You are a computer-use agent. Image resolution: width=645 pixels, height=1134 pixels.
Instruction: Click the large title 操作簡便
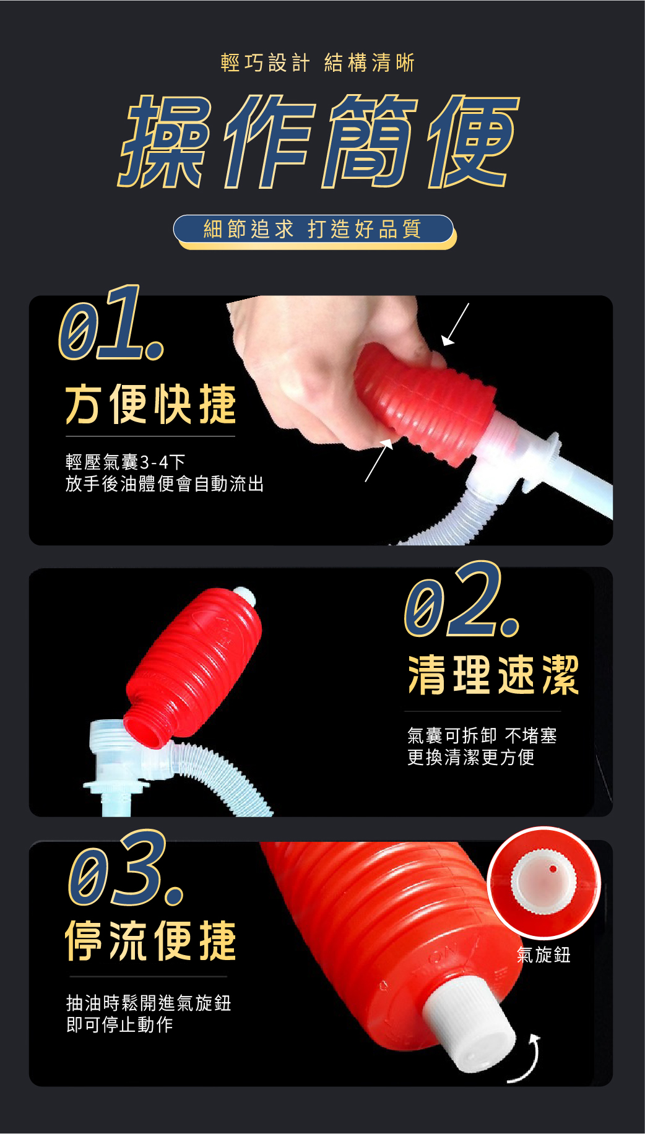(319, 142)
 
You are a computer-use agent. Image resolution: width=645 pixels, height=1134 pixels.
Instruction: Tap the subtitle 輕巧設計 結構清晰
(318, 63)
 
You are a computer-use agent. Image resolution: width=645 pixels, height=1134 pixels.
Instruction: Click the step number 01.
(112, 324)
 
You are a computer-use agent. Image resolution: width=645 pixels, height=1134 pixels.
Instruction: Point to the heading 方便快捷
(150, 404)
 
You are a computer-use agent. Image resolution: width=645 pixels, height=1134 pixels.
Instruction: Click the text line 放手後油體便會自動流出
(165, 483)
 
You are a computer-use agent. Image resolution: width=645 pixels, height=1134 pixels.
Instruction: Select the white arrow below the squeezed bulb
(379, 460)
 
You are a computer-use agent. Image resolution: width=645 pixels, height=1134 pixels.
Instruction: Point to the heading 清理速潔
(493, 675)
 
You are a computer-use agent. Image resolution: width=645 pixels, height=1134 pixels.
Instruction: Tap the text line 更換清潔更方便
(470, 757)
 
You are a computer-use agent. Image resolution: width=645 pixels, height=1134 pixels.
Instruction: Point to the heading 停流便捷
(150, 940)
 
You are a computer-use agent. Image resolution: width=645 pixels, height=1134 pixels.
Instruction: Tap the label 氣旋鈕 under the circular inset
(543, 955)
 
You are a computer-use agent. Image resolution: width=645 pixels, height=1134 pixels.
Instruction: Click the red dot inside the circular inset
(553, 869)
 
